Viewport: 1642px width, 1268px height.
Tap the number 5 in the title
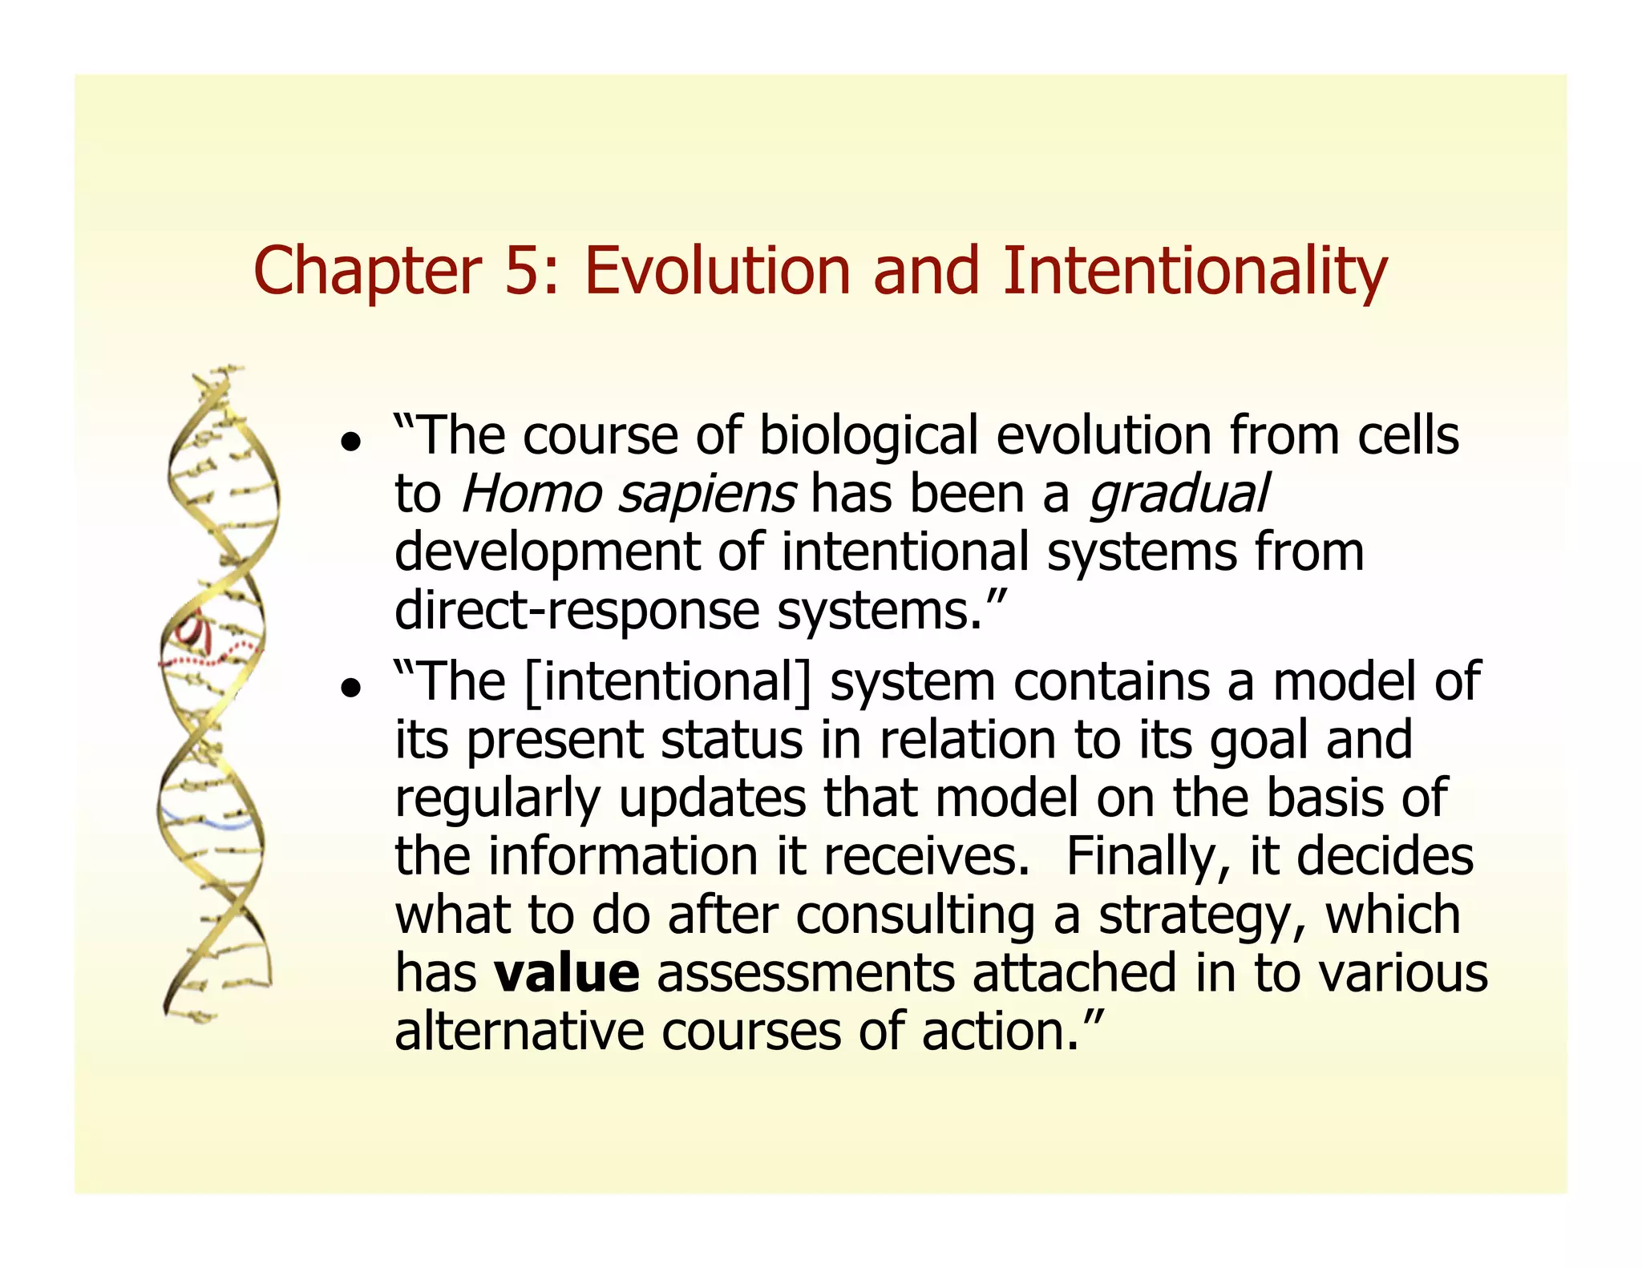coord(522,271)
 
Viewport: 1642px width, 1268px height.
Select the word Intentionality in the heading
coord(1194,273)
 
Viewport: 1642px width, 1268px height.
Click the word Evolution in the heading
coord(717,271)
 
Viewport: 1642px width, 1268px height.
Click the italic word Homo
coord(531,494)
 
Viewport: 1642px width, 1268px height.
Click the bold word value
coord(566,973)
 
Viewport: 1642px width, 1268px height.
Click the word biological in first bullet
coord(868,438)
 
